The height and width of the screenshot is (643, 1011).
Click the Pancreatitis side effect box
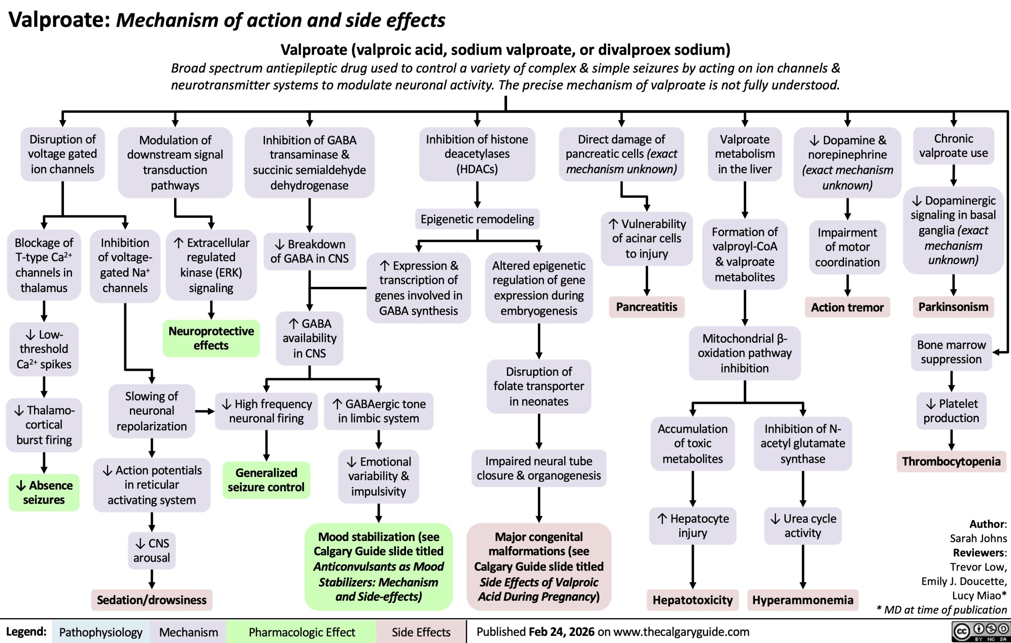646,307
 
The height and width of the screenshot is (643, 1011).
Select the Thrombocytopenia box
951,462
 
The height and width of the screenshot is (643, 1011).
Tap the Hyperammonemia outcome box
802,600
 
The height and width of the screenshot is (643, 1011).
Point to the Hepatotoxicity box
692,600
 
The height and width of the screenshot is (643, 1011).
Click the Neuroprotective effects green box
211,338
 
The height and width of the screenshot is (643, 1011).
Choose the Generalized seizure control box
266,480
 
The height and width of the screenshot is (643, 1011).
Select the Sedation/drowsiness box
152,600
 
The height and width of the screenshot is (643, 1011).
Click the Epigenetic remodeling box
477,219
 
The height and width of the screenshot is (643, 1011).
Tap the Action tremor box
847,307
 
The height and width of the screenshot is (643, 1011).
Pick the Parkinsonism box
953,307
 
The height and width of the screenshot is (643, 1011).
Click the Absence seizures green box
44,492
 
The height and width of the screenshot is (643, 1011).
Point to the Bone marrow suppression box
951,352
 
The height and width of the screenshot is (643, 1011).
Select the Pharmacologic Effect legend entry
301,632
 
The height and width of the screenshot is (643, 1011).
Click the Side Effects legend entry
421,632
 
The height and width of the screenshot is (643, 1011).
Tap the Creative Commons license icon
980,632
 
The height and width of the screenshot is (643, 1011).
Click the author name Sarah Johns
978,538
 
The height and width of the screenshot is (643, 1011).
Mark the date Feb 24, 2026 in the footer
561,632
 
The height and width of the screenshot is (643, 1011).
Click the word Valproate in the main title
59,20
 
